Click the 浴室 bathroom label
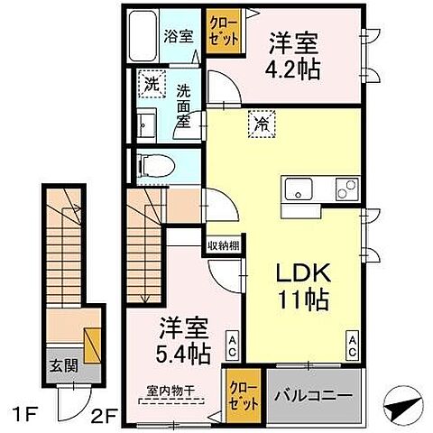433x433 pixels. (x=178, y=37)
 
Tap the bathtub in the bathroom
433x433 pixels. (x=143, y=36)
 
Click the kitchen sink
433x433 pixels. (x=299, y=190)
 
